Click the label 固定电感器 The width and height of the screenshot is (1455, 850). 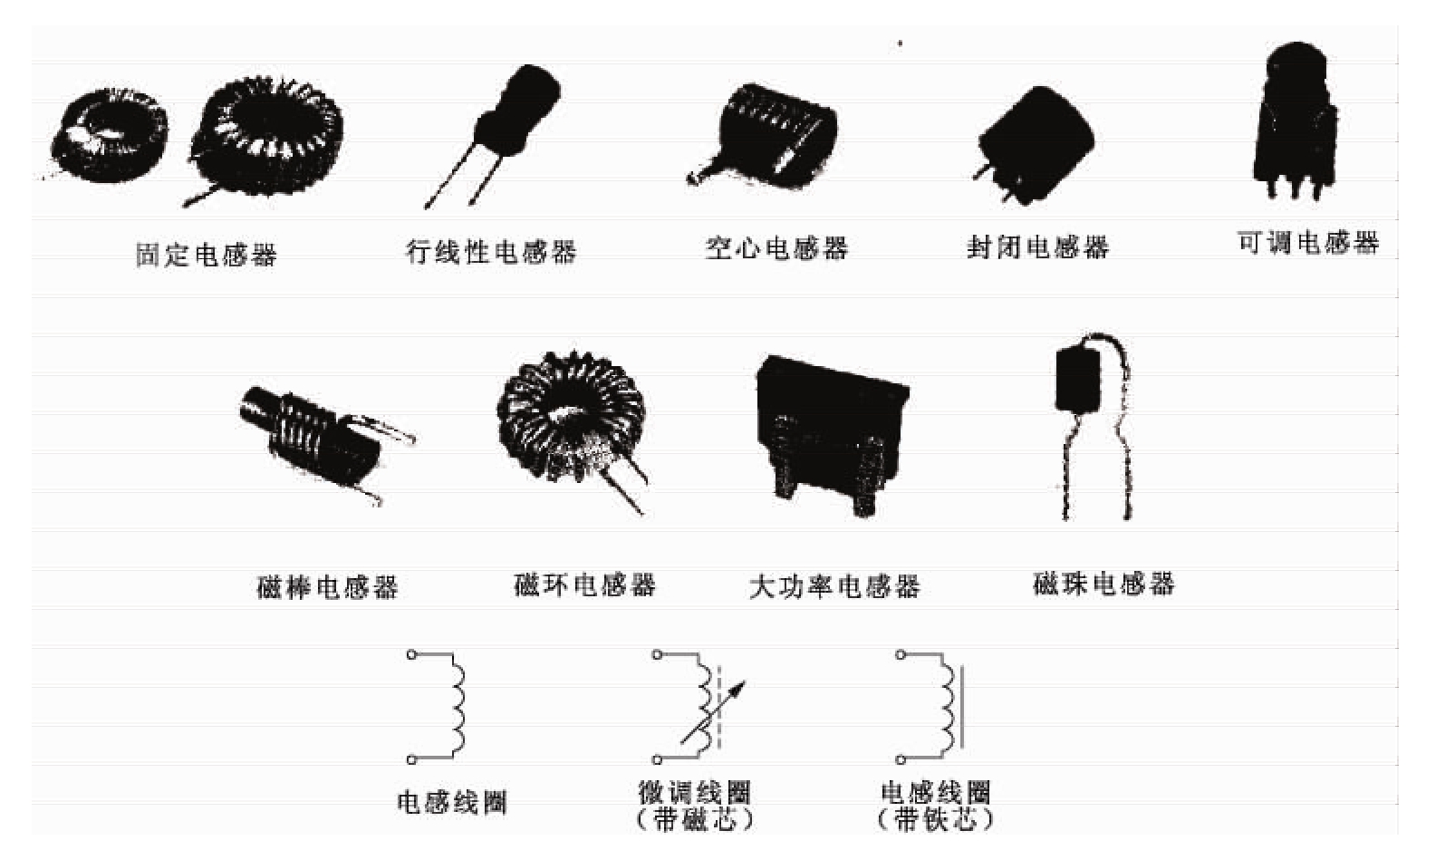pos(206,255)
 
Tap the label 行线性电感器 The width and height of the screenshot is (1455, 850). pos(491,251)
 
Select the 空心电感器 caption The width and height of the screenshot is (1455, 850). pos(776,247)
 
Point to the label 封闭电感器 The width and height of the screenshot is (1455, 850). pos(1037,246)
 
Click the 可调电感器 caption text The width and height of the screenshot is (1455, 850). pos(1307,242)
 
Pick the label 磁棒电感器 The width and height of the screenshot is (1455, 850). pos(327,587)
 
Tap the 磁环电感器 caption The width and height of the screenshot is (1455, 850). pos(584,584)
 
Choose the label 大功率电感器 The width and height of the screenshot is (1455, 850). pos(834,586)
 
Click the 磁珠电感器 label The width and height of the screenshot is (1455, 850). pos(1103,583)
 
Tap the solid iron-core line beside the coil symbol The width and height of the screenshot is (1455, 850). pos(962,708)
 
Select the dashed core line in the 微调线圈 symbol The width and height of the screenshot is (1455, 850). pos(719,707)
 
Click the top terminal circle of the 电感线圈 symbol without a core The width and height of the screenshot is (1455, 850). pos(411,654)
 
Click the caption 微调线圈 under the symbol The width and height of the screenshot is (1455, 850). pos(694,792)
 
